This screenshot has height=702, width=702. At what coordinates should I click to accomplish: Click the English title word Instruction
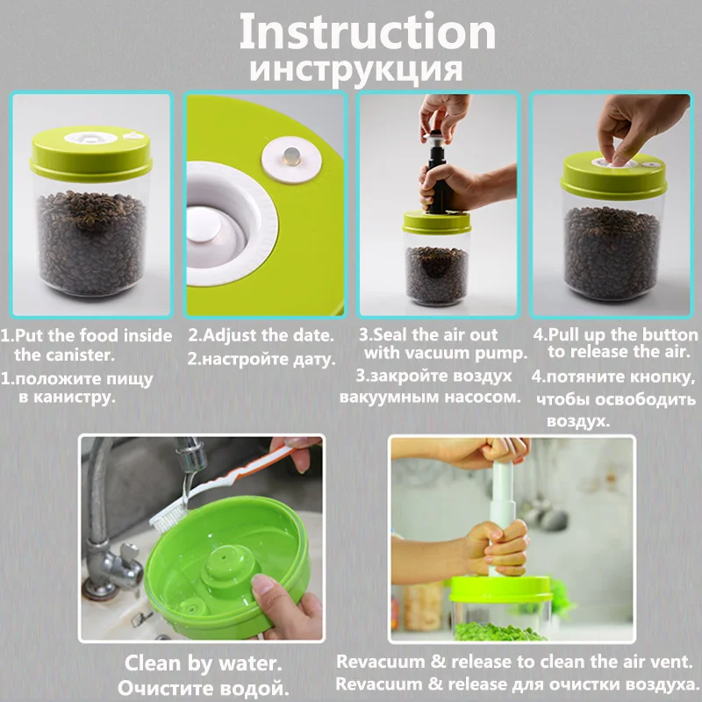pyautogui.click(x=368, y=32)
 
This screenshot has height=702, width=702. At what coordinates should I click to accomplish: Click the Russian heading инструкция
pyautogui.click(x=356, y=70)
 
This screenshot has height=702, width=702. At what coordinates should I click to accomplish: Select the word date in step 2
pyautogui.click(x=312, y=335)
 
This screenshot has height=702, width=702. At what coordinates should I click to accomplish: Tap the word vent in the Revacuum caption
pyautogui.click(x=675, y=662)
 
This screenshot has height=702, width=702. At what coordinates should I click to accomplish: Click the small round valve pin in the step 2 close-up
pyautogui.click(x=291, y=156)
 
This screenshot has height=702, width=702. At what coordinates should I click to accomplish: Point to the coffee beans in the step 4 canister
pyautogui.click(x=612, y=252)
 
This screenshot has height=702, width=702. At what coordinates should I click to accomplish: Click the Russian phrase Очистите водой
pyautogui.click(x=203, y=687)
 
